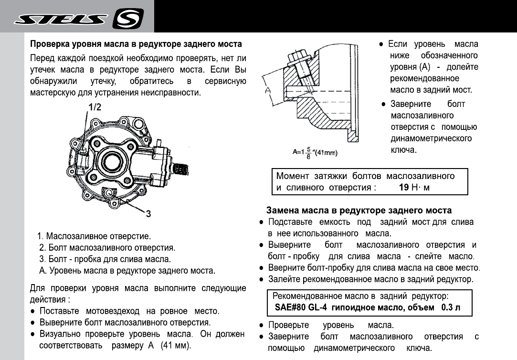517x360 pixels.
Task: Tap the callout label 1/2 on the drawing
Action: tap(94, 108)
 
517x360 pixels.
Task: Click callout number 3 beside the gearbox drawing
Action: tap(148, 214)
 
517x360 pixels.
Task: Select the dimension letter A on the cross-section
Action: tap(267, 90)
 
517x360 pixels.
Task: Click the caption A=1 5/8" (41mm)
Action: tap(315, 152)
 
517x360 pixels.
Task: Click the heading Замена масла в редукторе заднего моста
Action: tap(359, 210)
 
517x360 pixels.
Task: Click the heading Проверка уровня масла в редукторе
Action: tap(136, 44)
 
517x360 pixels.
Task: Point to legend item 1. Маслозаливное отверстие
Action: tap(95, 236)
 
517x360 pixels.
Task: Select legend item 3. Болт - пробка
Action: tap(105, 259)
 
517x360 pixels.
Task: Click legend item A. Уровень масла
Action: tap(127, 271)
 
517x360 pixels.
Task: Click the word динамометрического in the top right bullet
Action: tap(431, 138)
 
